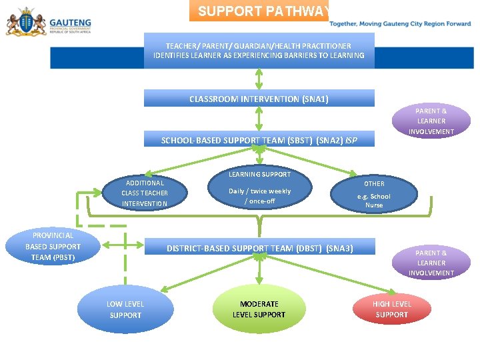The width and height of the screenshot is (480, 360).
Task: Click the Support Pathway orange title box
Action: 259,11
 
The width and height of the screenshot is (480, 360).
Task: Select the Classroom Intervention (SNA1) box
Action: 259,99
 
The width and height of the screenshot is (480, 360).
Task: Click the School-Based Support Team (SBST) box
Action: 259,140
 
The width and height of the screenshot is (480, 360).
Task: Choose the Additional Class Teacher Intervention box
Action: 145,193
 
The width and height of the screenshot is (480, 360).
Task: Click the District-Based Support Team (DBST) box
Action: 259,249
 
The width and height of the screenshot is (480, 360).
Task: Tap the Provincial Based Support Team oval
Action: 53,247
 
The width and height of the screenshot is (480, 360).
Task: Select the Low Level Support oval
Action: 125,309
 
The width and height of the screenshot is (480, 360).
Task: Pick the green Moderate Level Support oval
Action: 259,309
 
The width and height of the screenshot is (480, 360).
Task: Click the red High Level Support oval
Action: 391,309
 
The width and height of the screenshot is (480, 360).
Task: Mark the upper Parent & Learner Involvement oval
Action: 431,121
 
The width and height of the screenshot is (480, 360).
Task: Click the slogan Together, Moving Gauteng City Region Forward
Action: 400,23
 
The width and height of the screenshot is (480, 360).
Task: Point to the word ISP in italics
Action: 351,141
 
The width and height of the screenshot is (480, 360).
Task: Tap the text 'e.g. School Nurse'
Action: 374,201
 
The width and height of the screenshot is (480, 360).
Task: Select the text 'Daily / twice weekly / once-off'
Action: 259,196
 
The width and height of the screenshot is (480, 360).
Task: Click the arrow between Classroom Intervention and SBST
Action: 259,119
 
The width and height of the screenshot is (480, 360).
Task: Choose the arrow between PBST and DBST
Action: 124,246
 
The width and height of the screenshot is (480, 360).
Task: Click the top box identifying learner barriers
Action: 259,51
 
